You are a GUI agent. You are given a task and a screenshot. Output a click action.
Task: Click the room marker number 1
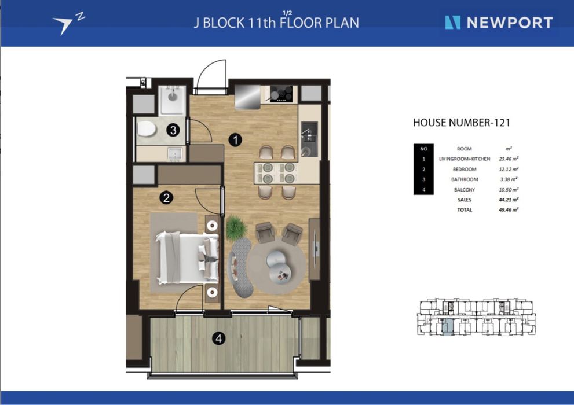[235, 139]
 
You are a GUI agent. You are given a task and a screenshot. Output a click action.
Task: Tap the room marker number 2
[166, 198]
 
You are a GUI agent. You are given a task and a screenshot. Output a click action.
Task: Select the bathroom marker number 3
[173, 130]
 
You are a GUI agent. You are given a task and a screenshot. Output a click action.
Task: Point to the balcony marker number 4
[218, 338]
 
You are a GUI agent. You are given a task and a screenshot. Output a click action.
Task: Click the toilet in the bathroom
[147, 129]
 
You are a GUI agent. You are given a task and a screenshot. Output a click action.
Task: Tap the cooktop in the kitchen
[281, 94]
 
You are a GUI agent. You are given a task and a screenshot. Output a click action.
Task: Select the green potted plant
[236, 228]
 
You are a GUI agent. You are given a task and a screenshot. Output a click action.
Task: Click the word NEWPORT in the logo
[510, 23]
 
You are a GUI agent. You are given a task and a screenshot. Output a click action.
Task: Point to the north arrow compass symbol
[68, 24]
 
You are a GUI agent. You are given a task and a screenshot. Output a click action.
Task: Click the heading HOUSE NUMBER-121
[461, 123]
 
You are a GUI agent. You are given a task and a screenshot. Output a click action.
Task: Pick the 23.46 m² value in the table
[509, 159]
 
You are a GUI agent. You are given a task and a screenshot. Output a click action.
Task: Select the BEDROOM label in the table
[465, 170]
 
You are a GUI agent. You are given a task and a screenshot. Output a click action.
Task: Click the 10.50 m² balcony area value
[509, 190]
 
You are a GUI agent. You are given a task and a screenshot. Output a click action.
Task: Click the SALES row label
[465, 200]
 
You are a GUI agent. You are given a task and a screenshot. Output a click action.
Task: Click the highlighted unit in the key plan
[447, 326]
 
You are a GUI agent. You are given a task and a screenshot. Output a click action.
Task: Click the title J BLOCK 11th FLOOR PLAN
[276, 23]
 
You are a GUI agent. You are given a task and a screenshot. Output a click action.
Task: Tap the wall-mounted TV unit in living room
[315, 249]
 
